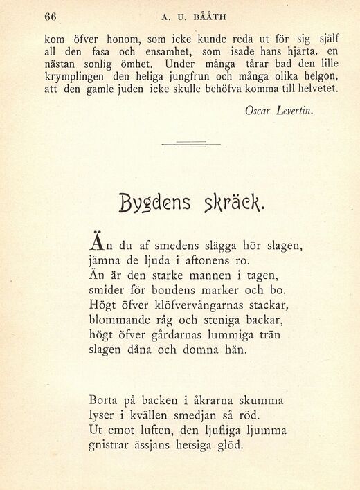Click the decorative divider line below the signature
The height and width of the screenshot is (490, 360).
tap(190, 145)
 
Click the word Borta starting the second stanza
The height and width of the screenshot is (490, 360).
tap(106, 400)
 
